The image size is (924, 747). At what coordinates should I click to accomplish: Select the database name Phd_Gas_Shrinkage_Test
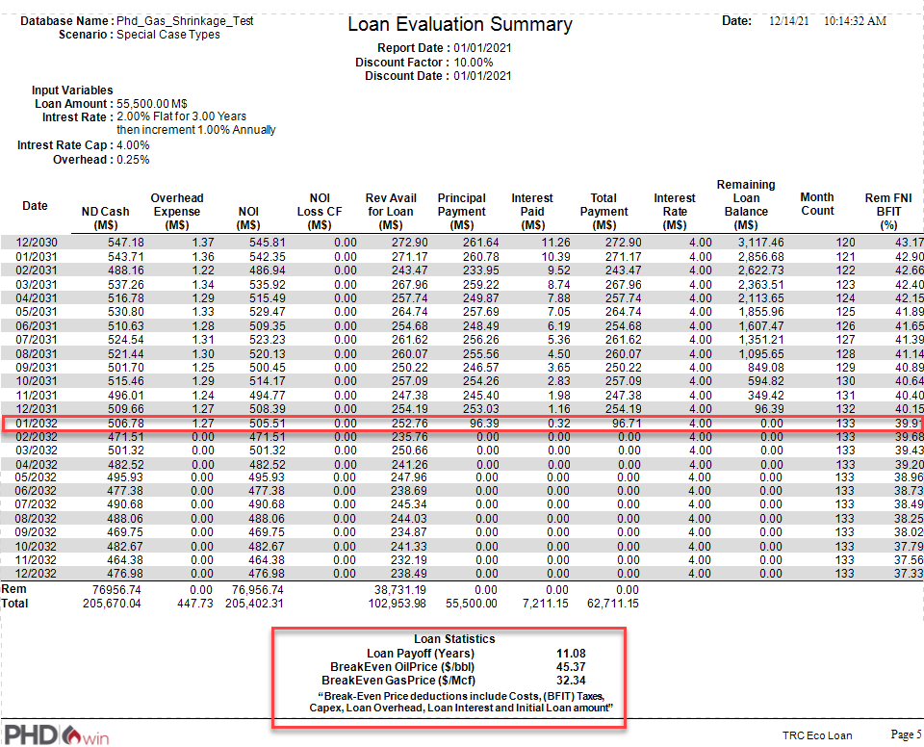pyautogui.click(x=184, y=20)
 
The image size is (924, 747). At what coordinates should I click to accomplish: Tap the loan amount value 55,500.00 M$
pyautogui.click(x=152, y=103)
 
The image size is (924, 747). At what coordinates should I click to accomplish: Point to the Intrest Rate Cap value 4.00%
pyautogui.click(x=133, y=145)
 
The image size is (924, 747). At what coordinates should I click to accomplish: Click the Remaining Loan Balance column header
pyautogui.click(x=746, y=204)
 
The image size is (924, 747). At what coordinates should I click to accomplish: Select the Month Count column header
pyautogui.click(x=817, y=204)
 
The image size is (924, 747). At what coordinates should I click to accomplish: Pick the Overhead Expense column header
pyautogui.click(x=177, y=211)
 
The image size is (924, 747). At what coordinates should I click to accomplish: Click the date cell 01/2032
pyautogui.click(x=35, y=422)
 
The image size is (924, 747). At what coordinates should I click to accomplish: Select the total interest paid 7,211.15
pyautogui.click(x=542, y=604)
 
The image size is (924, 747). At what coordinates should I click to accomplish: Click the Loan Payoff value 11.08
pyautogui.click(x=571, y=654)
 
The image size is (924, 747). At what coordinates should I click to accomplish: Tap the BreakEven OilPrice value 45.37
pyautogui.click(x=571, y=666)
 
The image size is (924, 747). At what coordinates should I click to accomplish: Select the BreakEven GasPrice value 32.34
pyautogui.click(x=571, y=680)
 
